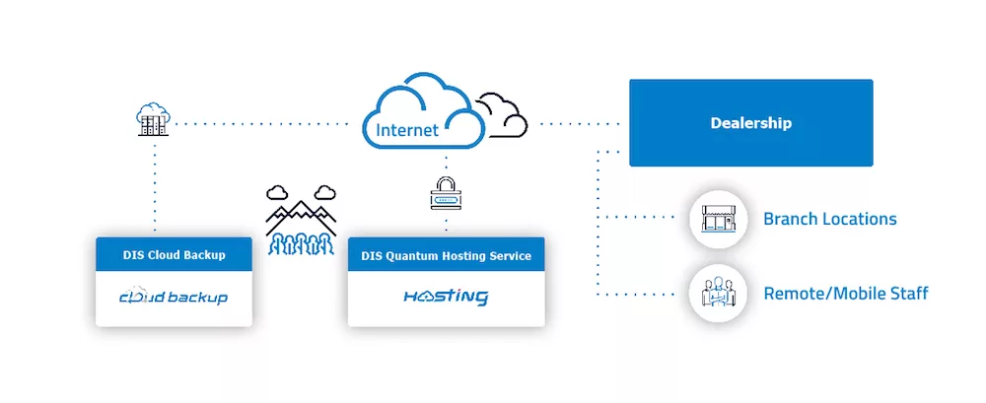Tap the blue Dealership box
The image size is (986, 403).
750,123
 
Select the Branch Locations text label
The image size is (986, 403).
829,219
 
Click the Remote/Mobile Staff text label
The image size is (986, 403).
845,294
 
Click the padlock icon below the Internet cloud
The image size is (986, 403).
446,194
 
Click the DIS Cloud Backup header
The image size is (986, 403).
174,255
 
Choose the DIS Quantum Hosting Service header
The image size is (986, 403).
446,255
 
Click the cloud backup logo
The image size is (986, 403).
174,297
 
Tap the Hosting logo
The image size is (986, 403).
446,297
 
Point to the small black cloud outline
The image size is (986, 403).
502,114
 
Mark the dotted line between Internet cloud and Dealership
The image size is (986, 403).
578,124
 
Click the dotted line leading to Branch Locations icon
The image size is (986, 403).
641,218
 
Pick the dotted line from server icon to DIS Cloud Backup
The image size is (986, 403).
154,187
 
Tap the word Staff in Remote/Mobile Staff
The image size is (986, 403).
908,294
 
